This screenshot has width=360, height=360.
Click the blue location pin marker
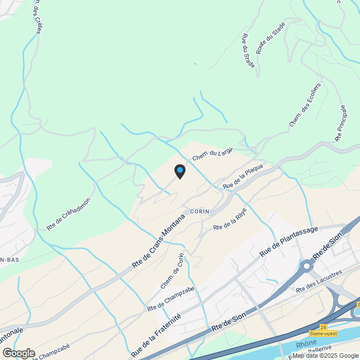click(179, 171)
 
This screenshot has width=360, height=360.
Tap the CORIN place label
click(200, 211)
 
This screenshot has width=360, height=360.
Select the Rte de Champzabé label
click(170, 299)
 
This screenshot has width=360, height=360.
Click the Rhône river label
click(307, 342)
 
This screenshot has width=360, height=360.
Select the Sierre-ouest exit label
click(339, 334)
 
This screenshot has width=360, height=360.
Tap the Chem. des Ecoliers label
click(305, 104)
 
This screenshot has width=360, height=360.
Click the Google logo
click(19, 353)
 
